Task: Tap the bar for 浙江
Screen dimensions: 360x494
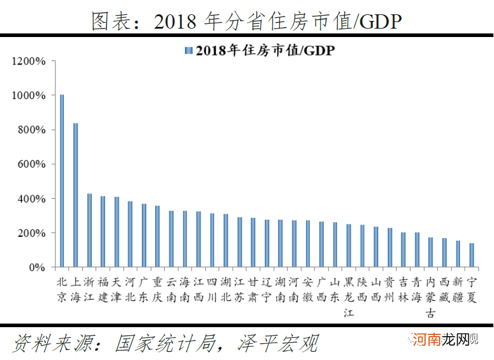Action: click(89, 230)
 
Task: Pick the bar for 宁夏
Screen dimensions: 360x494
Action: click(471, 255)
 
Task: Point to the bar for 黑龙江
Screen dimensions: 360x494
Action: click(348, 245)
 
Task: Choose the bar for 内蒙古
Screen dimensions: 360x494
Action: click(431, 252)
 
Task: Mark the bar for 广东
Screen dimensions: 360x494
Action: click(144, 235)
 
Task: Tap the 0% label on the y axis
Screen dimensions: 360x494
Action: click(37, 267)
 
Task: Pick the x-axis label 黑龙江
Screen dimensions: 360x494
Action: click(348, 297)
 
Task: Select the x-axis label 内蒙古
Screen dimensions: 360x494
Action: click(431, 297)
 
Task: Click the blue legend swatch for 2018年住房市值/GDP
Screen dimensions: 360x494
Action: click(189, 51)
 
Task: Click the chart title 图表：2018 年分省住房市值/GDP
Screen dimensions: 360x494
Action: click(246, 20)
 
